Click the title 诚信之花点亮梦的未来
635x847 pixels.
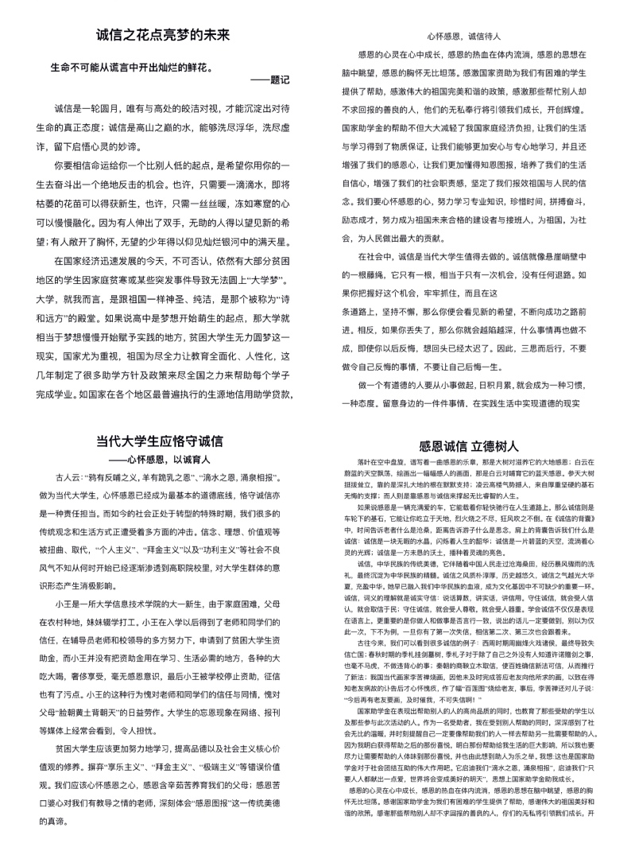[x=163, y=37]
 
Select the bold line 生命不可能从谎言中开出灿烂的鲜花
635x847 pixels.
[x=131, y=68]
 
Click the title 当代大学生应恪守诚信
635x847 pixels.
[x=159, y=441]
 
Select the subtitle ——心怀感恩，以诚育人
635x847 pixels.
[x=159, y=460]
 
